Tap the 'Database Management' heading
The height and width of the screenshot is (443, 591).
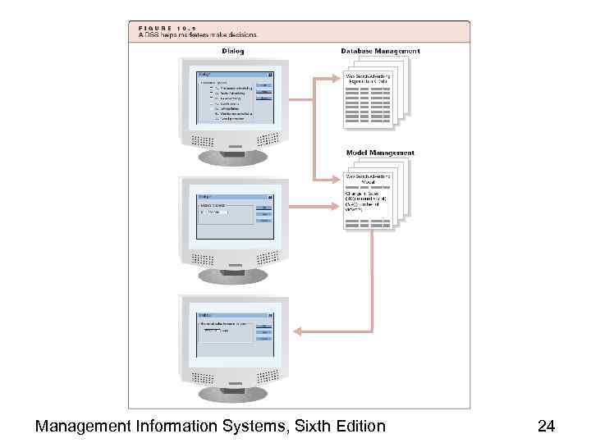pos(380,51)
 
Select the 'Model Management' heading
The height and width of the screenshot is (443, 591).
pos(380,153)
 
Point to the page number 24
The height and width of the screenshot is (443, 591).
pos(546,426)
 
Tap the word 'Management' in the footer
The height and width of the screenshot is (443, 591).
pos(82,426)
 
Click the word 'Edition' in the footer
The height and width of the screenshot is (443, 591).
pos(360,426)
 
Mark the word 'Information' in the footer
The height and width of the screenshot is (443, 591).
pos(181,426)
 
